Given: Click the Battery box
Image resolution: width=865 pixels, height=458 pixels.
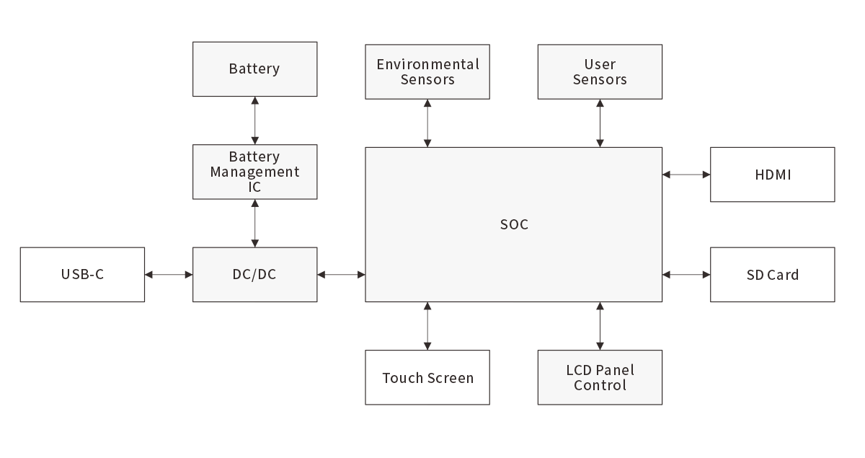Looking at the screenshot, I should [254, 69].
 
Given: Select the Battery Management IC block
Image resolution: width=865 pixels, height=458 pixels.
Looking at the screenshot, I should [254, 172].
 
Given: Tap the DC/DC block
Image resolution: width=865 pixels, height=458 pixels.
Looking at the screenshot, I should [254, 275].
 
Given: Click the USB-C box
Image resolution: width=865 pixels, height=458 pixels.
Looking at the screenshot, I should [82, 275].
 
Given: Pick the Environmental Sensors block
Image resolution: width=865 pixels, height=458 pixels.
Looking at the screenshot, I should [427, 71].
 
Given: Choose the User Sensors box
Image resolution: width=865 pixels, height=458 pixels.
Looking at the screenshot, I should [600, 71].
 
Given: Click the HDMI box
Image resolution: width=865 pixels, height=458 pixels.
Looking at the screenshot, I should [773, 175].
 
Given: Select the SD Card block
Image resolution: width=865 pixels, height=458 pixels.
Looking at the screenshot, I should [773, 275].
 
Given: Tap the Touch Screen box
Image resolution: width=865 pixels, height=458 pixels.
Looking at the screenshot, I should [427, 378].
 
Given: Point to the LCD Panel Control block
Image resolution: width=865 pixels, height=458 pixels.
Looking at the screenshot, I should [600, 378].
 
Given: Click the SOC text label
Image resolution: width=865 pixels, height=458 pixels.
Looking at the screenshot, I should [514, 225].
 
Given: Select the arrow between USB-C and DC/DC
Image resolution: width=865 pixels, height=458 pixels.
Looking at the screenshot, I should [169, 275].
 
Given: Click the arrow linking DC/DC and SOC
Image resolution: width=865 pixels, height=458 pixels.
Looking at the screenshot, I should [341, 275].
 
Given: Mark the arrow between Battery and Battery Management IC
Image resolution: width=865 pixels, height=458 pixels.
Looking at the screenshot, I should [254, 120].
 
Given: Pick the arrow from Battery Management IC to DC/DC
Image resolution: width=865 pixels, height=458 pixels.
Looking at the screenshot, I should [254, 224].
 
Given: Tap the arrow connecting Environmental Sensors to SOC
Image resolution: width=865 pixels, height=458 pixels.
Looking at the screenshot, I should [427, 123].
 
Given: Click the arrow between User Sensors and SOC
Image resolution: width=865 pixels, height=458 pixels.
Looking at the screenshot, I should [600, 123].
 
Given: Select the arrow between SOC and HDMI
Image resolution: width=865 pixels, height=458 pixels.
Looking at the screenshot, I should [686, 175].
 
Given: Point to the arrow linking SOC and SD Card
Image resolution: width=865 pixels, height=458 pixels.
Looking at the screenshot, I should [686, 275].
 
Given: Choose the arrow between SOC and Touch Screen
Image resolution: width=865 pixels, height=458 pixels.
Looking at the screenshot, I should [427, 326].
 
